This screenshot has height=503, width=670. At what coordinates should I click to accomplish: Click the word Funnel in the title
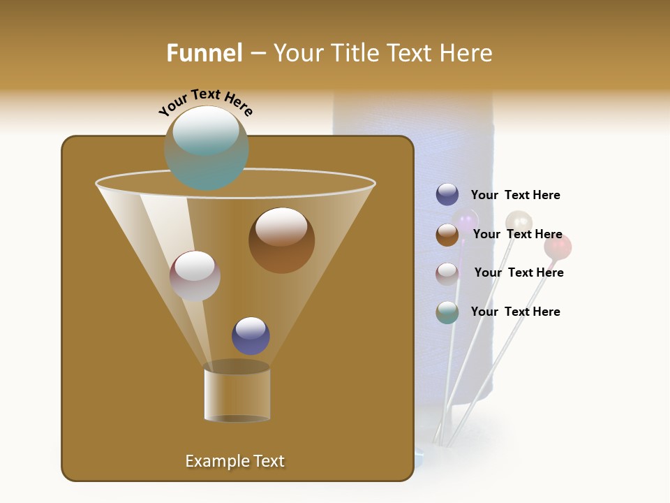(204, 53)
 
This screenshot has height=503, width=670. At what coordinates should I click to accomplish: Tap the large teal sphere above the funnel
(207, 148)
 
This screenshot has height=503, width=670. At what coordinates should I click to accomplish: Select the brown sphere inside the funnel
(281, 240)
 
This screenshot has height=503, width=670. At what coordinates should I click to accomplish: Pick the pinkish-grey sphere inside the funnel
(195, 276)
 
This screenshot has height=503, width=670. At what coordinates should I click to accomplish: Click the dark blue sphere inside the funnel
(251, 336)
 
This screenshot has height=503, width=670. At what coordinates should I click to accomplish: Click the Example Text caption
(234, 461)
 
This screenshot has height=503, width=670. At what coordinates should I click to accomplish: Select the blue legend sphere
(447, 195)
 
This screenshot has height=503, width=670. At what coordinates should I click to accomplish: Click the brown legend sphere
(447, 235)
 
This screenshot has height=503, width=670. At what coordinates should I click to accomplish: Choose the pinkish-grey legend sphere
(447, 274)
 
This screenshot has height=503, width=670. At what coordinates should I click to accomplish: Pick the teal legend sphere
(447, 312)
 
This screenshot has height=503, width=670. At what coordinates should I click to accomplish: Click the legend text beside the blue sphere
(515, 196)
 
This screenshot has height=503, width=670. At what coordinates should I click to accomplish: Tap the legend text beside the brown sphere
(517, 235)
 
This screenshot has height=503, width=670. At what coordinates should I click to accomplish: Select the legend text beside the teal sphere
(515, 312)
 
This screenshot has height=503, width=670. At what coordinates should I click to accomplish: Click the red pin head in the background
(558, 247)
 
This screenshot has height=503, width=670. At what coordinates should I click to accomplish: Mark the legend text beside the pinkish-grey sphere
(519, 273)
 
